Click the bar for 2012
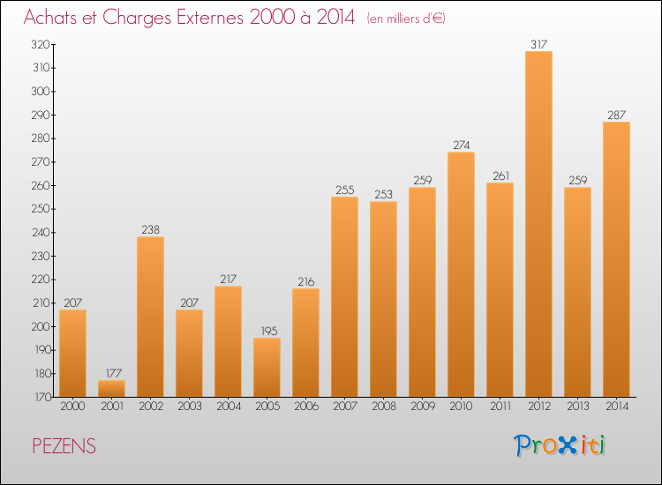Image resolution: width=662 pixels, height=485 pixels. coord(538,224)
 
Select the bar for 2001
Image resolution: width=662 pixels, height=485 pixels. coord(111,388)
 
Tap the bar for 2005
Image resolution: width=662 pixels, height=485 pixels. coord(267,367)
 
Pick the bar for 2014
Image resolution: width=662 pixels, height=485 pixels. coord(616,259)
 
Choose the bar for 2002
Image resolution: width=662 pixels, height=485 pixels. coord(150,317)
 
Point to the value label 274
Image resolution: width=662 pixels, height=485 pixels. coord(461,144)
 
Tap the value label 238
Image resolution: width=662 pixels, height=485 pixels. coord(150,228)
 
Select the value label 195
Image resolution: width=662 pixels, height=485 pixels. coord(267,330)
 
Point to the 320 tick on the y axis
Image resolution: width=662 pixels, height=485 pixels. coord(41,44)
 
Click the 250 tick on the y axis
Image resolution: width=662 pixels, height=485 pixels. coord(41,209)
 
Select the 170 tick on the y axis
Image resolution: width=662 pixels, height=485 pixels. coord(41,398)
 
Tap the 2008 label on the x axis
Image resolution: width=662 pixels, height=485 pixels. coord(383,407)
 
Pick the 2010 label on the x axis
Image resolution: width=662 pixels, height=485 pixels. coord(461,407)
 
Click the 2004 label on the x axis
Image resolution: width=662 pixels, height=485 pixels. coord(228,407)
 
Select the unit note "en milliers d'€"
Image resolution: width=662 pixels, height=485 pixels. coord(406,19)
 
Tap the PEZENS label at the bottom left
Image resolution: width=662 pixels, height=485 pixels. coord(64,447)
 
